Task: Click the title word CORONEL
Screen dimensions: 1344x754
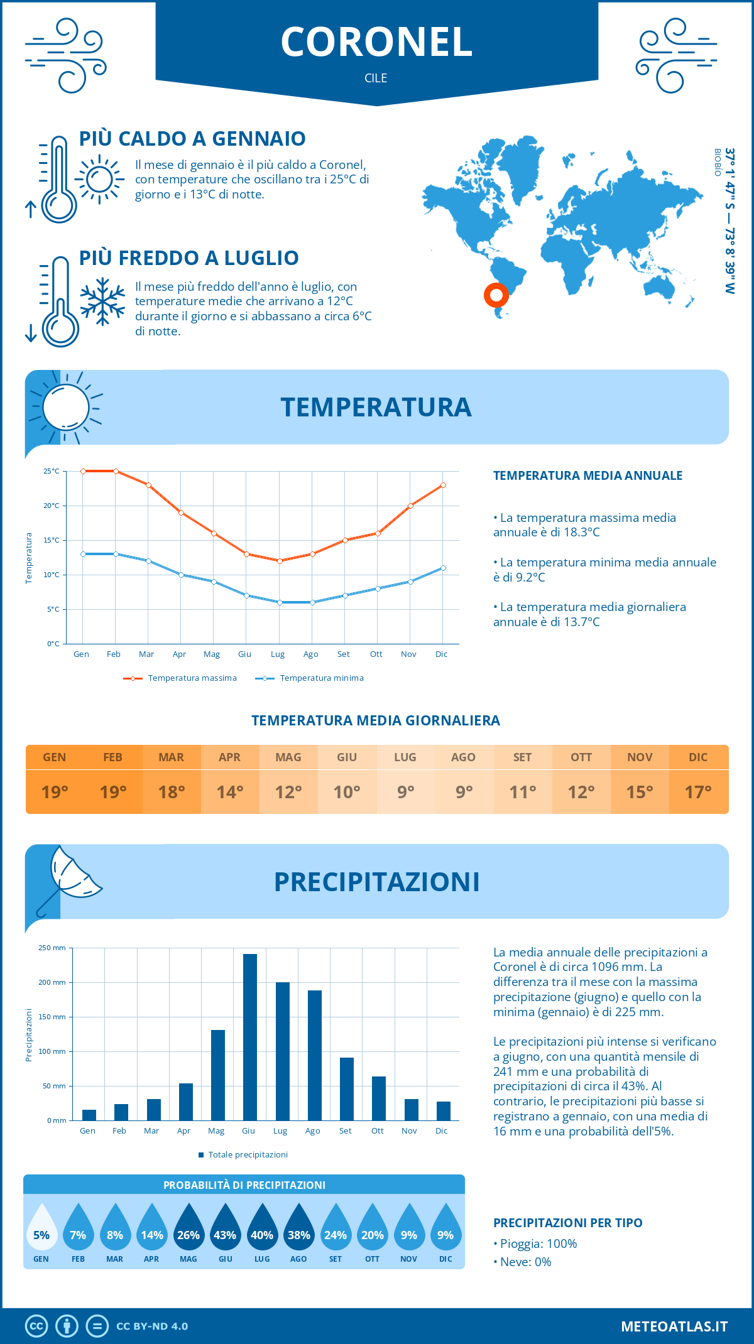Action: (376, 43)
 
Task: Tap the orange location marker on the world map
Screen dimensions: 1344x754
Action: (496, 295)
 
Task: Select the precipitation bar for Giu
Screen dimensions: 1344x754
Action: (249, 1037)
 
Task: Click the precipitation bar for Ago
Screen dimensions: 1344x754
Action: (314, 1055)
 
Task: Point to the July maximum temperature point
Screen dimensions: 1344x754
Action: (280, 561)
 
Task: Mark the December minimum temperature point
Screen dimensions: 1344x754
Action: (443, 568)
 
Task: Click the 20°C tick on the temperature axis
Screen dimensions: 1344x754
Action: (52, 506)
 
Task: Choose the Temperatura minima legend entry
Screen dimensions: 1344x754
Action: (310, 678)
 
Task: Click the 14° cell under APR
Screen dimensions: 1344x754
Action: (230, 792)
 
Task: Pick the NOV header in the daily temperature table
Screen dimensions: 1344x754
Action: (640, 757)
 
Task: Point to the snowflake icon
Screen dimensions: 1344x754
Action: (102, 301)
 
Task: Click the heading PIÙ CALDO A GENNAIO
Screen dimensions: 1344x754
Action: (192, 139)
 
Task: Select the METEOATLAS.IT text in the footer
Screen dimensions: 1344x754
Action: (674, 1326)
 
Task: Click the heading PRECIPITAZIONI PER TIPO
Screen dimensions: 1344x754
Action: (567, 1223)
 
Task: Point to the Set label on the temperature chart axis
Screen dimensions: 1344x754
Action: (343, 654)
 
